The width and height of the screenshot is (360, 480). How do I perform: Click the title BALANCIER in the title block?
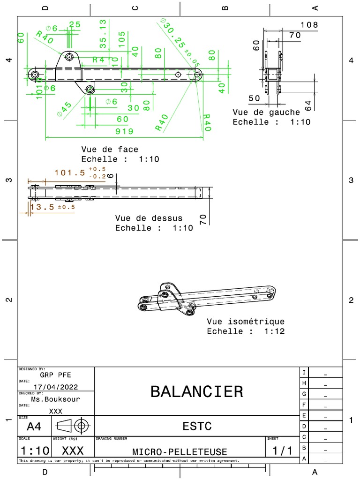pos(196,391)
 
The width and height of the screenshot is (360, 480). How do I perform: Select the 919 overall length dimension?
pos(124,132)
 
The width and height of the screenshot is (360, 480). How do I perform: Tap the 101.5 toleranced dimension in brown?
pos(70,172)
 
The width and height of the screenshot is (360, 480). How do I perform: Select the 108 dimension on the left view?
pos(309,25)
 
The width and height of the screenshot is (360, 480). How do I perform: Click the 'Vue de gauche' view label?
pos(266,112)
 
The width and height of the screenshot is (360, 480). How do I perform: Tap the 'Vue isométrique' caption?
pos(246,322)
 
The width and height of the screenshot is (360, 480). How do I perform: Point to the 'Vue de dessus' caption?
pos(149,218)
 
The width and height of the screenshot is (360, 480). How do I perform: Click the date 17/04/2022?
pos(56,387)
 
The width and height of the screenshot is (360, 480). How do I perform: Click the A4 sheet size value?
pos(34,427)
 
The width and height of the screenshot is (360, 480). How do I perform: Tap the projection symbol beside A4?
pos(73,426)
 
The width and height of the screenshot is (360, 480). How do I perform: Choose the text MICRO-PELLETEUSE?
pos(180,452)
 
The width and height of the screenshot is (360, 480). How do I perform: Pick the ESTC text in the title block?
pos(196,426)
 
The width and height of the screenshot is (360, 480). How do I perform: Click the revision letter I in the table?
pos(304,373)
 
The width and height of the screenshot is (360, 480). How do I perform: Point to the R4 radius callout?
pos(98,60)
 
